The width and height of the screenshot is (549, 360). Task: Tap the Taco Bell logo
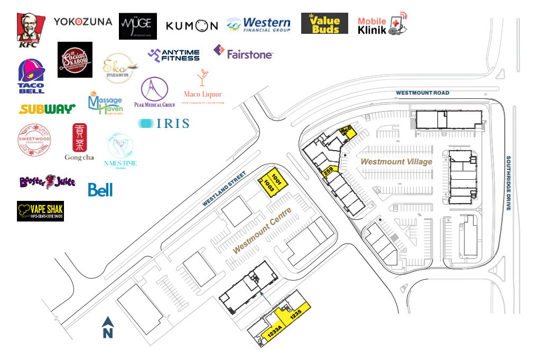click(31, 76)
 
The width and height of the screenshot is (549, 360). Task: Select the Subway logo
click(47, 109)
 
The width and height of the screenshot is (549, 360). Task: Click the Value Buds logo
click(324, 23)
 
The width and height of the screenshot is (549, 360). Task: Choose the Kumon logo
click(191, 25)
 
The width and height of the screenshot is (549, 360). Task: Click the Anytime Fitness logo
click(174, 54)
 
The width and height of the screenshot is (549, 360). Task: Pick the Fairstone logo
click(243, 52)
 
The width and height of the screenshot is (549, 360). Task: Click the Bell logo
click(100, 190)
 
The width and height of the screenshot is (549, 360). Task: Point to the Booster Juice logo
click(47, 182)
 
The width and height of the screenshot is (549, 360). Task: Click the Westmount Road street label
click(423, 93)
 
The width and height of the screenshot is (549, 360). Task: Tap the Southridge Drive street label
click(508, 183)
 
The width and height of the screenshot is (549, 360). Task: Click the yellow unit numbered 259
click(328, 170)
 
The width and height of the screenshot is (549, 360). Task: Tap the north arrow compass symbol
click(108, 328)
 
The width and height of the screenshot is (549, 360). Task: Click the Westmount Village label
click(396, 162)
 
